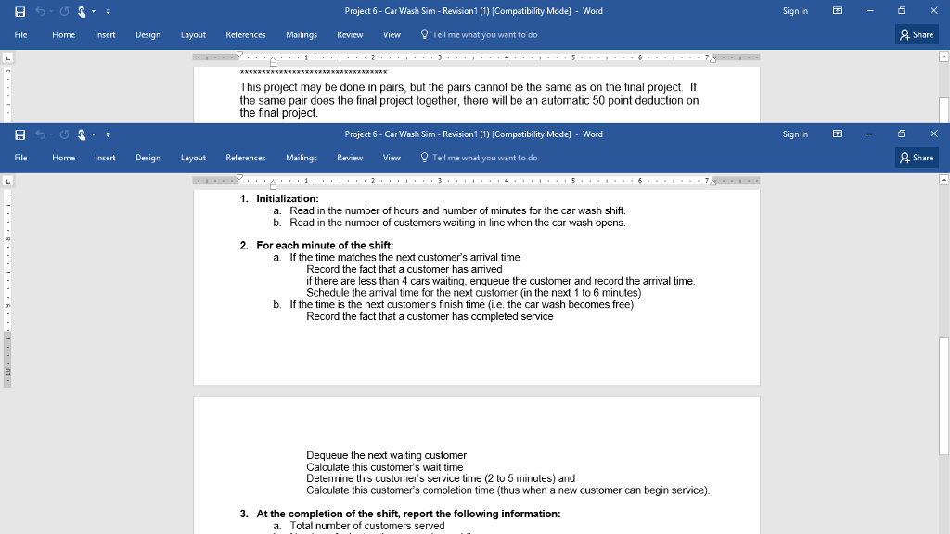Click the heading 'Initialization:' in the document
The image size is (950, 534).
coord(287,198)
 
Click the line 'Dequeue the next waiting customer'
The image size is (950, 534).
coord(386,455)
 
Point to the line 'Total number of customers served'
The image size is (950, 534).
coord(366,526)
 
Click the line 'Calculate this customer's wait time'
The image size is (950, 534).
coord(384,467)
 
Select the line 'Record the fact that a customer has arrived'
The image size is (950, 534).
coord(404,269)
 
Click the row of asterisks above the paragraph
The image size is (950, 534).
coord(313,72)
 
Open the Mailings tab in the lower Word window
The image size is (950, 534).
coord(302,158)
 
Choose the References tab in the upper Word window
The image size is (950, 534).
coord(246,34)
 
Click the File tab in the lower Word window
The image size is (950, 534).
coord(20,158)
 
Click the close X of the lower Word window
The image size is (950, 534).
coord(932,134)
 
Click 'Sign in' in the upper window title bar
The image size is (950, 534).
coord(795,11)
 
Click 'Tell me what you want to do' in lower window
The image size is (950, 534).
coord(484,158)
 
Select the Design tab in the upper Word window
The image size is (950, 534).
coord(148,34)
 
